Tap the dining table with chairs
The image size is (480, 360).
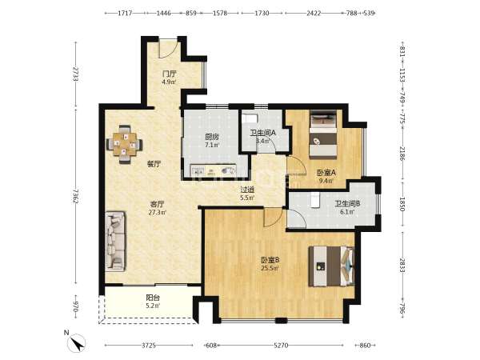coord(125,144)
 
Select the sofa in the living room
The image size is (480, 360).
coord(115,241)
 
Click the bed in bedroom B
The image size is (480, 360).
coord(331,266)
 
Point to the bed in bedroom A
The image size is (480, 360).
coord(323,134)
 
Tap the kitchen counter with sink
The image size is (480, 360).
coord(213,170)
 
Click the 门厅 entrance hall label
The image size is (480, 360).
coord(170,74)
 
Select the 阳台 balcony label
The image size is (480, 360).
coord(153,298)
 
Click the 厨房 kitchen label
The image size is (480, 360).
coord(212,137)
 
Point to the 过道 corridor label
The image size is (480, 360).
coord(247,190)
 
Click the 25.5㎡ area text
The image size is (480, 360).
coord(270,269)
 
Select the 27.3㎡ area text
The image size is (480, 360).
coord(158,212)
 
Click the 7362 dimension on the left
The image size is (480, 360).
coord(76,196)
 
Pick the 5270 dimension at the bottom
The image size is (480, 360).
coord(281,346)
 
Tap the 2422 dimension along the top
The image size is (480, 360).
coord(314,13)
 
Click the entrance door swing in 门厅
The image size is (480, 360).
coord(168,49)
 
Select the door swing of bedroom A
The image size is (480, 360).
coord(296,166)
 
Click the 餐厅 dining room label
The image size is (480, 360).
coord(154,164)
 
